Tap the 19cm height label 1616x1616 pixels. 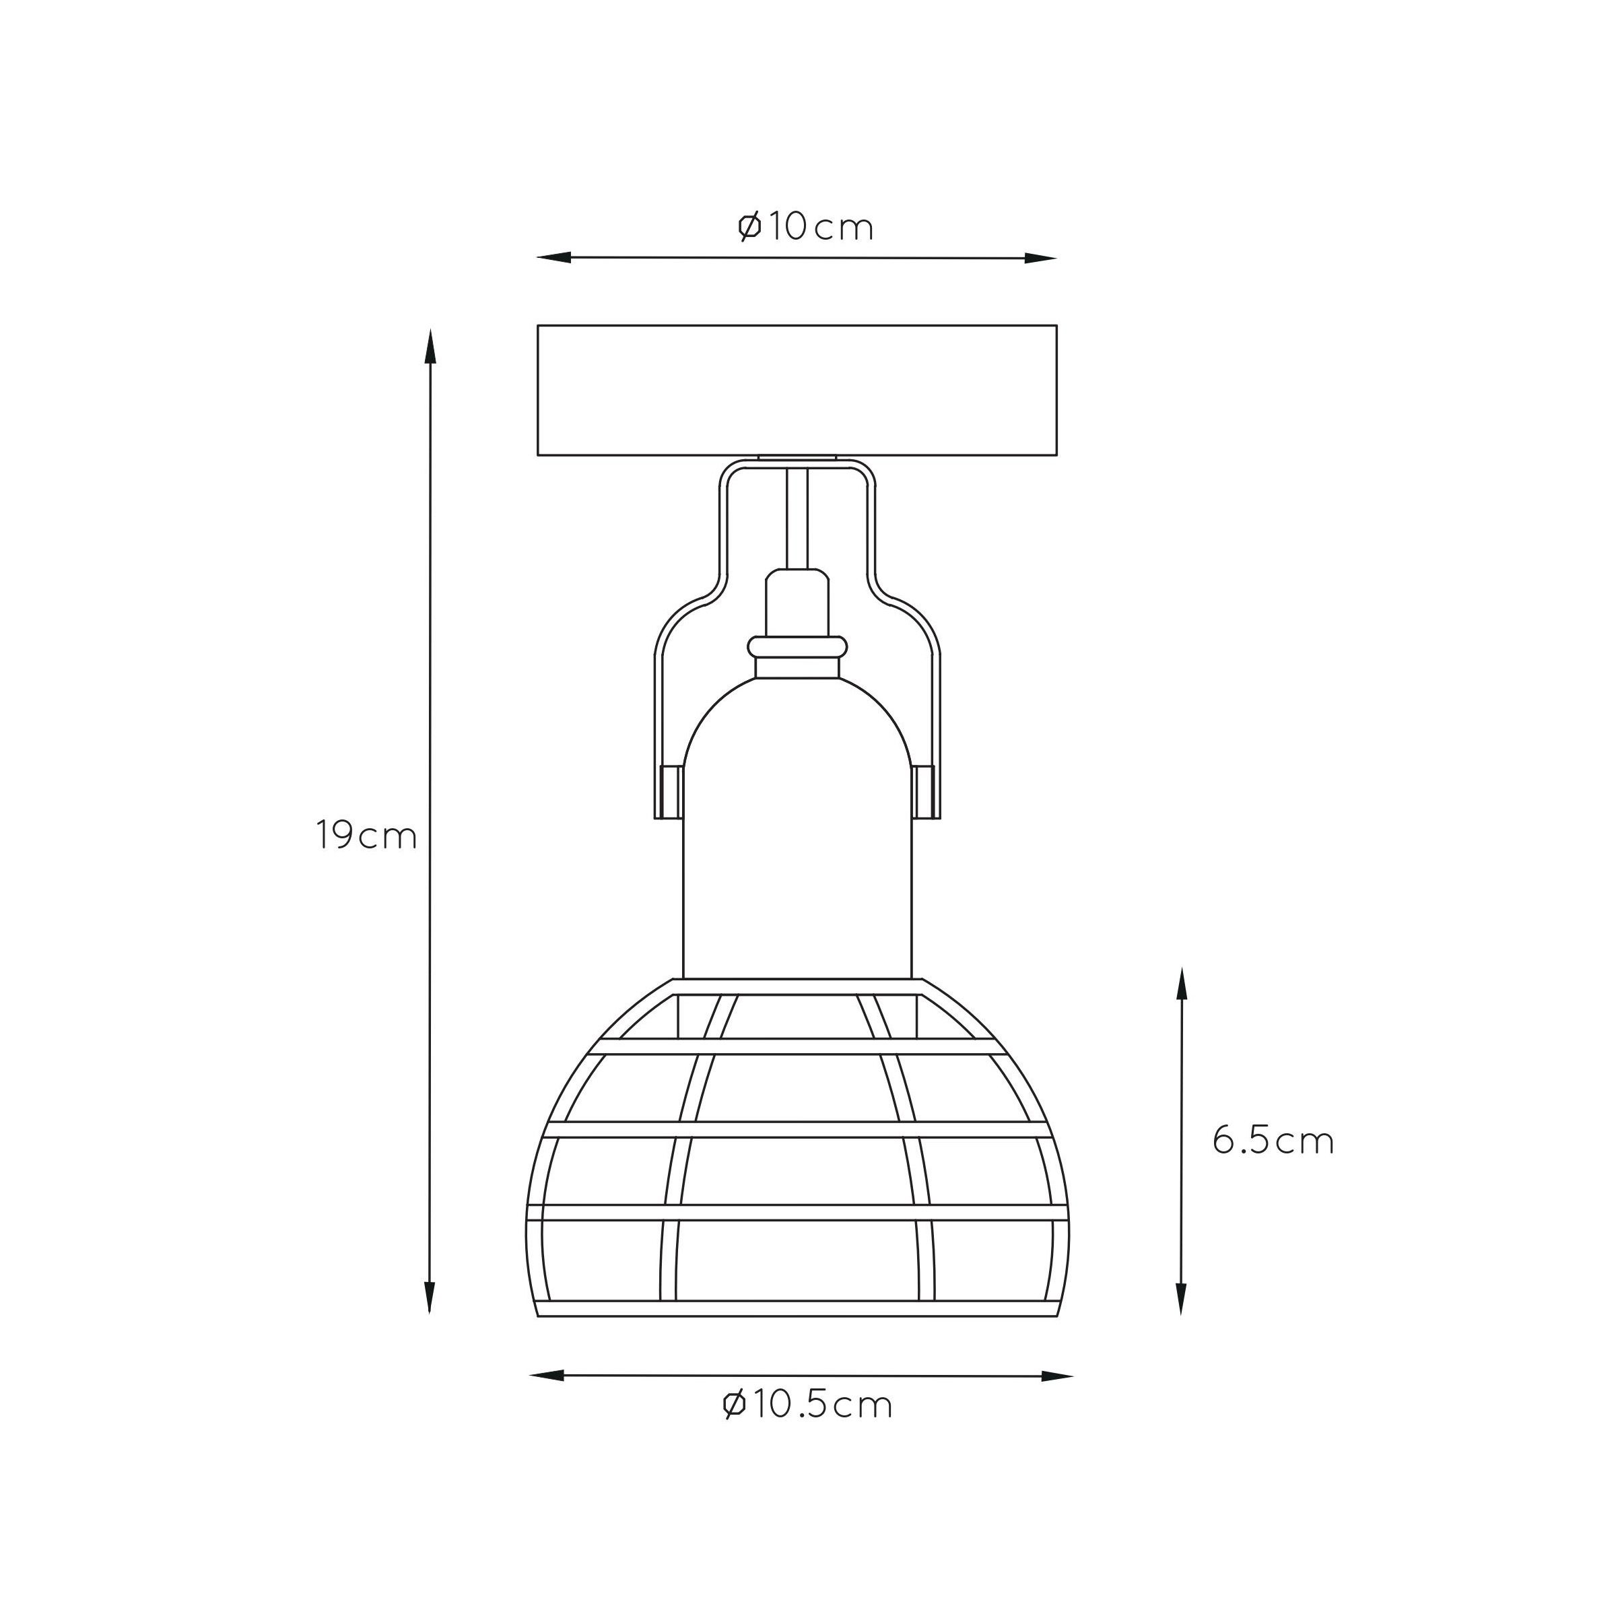coord(366,835)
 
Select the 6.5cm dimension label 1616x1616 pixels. coord(1273,1140)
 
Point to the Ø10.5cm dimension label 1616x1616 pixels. coord(807,1405)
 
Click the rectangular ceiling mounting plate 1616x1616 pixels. coord(797,390)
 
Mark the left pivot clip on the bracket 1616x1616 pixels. coord(669,790)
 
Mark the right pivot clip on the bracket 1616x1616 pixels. coord(926,790)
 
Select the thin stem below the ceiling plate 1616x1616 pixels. coord(797,519)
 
